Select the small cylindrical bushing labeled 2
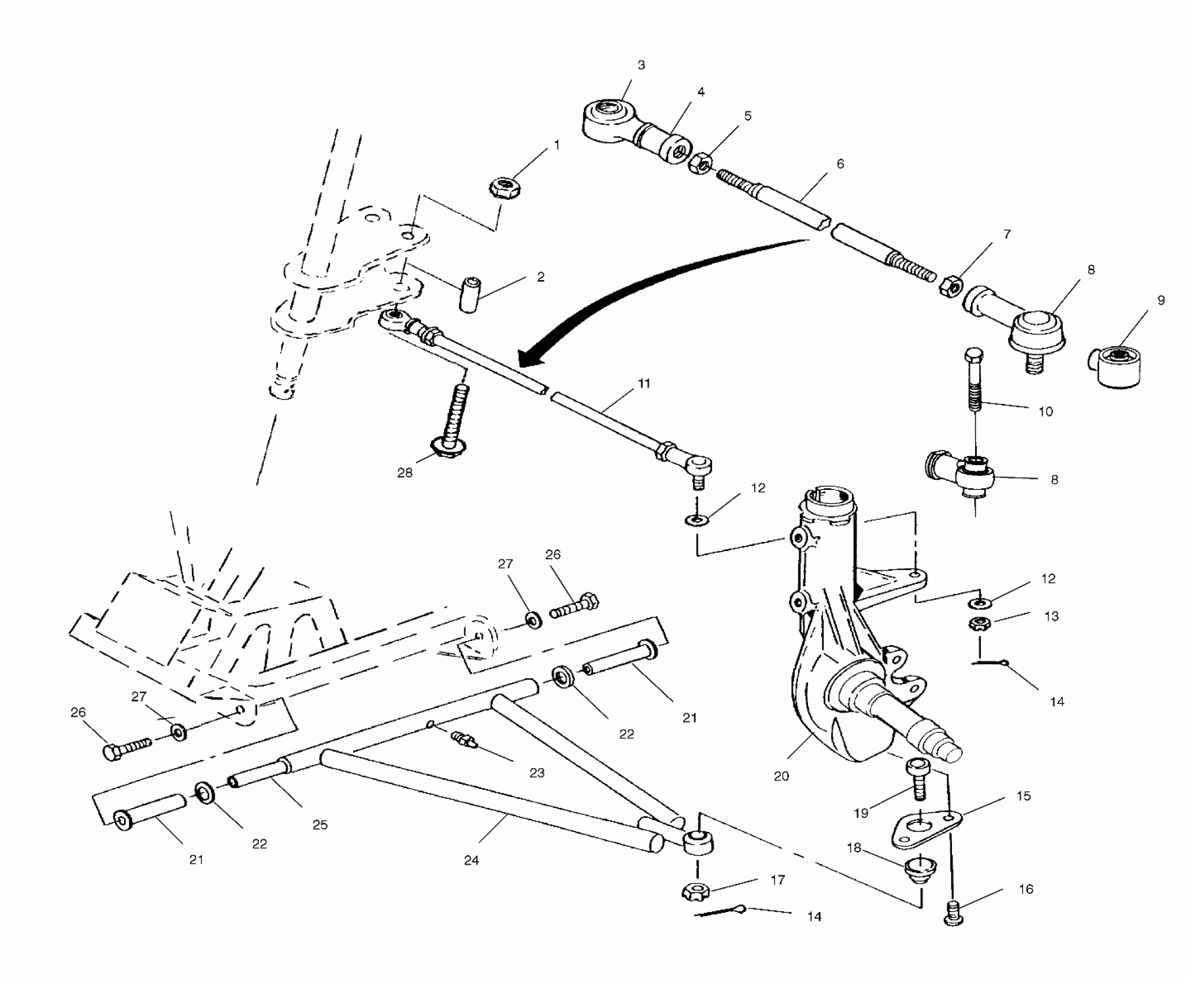tap(470, 295)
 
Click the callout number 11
tap(644, 383)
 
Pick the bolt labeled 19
tap(917, 780)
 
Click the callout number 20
tap(781, 776)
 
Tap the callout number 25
tap(320, 825)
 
